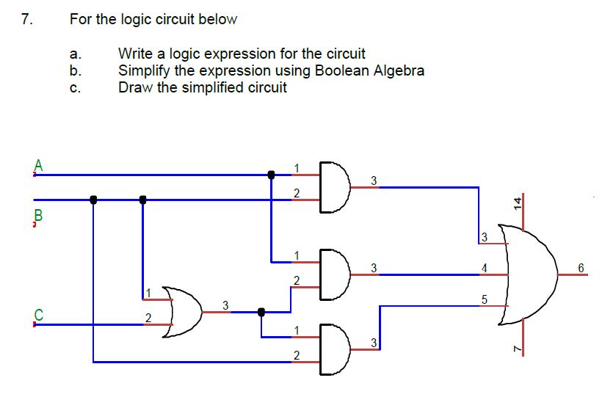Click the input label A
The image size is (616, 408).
[x=39, y=164]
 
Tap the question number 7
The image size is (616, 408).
[x=27, y=20]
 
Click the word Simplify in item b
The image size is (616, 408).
[x=145, y=70]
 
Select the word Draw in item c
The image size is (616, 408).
[x=134, y=87]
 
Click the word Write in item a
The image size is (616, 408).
[x=135, y=54]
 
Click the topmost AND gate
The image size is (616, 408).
[x=335, y=187]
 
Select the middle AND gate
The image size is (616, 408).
[x=335, y=274]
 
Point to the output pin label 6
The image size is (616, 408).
[x=580, y=268]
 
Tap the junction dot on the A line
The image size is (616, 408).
[x=271, y=175]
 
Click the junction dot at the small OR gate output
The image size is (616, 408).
[x=261, y=312]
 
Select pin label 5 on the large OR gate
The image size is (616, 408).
[x=484, y=298]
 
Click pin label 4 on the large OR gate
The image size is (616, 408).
[x=484, y=268]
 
